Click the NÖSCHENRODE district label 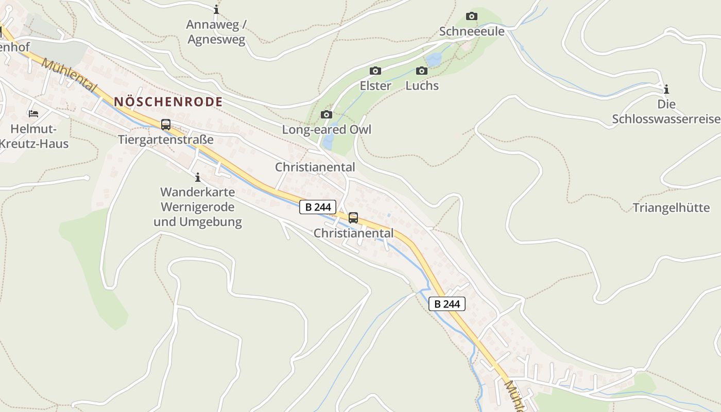tap(168, 101)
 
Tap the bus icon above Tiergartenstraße tap(165, 125)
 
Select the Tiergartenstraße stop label tap(165, 140)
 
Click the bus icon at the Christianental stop tap(353, 218)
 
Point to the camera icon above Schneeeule tap(471, 16)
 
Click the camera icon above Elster tap(375, 71)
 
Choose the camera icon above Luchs tap(422, 71)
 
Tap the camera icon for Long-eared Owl tap(326, 114)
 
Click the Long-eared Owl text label tap(326, 129)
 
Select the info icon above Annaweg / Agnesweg tap(216, 9)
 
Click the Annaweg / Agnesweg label tap(216, 32)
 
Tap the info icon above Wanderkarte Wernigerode tap(197, 178)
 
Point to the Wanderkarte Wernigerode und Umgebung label tap(197, 207)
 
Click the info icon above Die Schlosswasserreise tap(666, 89)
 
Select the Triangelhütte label tap(671, 208)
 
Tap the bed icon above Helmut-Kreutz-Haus tap(33, 113)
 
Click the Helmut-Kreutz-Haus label tap(33, 136)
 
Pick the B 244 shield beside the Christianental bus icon tap(318, 207)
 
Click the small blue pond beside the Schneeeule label tap(434, 60)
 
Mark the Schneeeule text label tap(471, 31)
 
